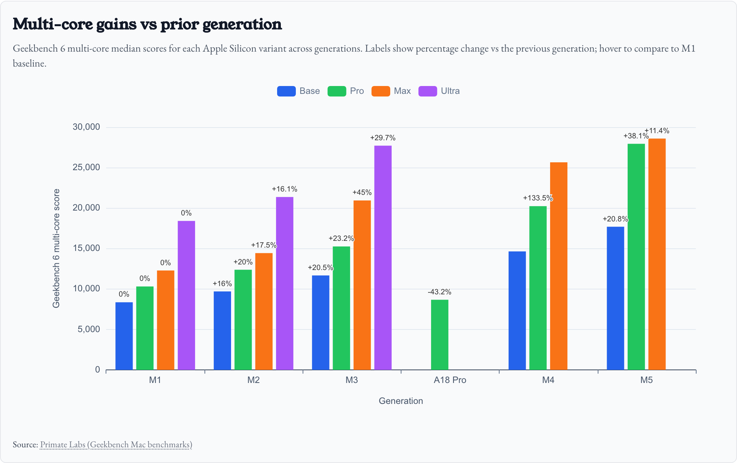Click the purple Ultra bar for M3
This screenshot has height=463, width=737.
pos(383,258)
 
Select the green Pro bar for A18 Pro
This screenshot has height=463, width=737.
pos(439,335)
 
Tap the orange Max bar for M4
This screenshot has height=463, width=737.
pos(558,266)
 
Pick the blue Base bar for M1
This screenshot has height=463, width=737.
pos(124,336)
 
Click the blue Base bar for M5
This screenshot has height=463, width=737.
pos(615,298)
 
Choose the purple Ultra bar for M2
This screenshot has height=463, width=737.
pos(285,283)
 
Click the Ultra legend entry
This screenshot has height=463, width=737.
pos(439,91)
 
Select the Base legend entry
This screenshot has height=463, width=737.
pos(298,91)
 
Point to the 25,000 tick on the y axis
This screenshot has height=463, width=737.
pos(87,168)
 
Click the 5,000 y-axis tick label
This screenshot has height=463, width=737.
pos(89,329)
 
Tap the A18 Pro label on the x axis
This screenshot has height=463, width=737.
pos(450,380)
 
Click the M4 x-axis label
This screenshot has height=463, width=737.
pos(548,380)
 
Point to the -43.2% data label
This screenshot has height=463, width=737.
pos(439,292)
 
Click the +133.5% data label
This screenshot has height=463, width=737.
pos(538,198)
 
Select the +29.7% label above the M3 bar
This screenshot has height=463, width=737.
pos(383,138)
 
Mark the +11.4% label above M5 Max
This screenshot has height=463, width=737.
pos(657,131)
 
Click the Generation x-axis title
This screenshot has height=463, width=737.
pos(401,401)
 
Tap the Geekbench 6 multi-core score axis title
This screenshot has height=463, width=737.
pos(56,248)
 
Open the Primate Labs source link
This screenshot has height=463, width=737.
pos(116,445)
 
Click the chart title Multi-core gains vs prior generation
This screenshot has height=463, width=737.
pos(147,24)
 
